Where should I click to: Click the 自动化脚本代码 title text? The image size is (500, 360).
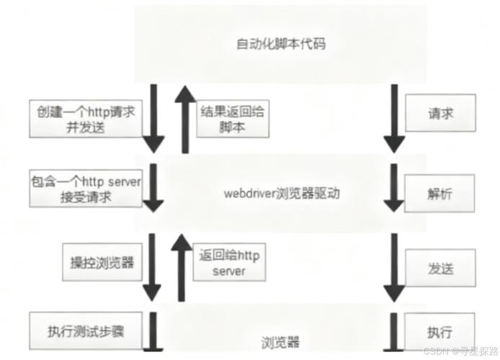[280, 45]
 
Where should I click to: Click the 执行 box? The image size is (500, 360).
[440, 332]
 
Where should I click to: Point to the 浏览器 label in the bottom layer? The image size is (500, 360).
[280, 341]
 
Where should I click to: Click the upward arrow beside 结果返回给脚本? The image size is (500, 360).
[185, 118]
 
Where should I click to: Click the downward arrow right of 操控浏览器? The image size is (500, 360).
[153, 266]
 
